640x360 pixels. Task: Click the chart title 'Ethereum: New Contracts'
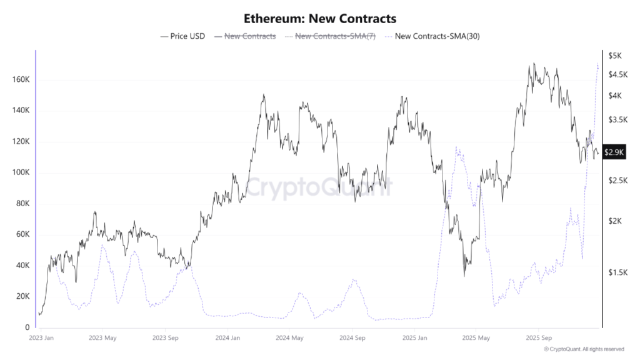coord(319,19)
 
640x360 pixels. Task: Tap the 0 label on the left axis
coord(27,327)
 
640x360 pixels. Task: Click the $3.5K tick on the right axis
coord(618,119)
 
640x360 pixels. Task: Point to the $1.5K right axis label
coord(618,272)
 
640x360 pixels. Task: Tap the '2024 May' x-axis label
coord(289,338)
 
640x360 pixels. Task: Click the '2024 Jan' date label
coord(227,338)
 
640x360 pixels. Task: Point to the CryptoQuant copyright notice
coord(584,349)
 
